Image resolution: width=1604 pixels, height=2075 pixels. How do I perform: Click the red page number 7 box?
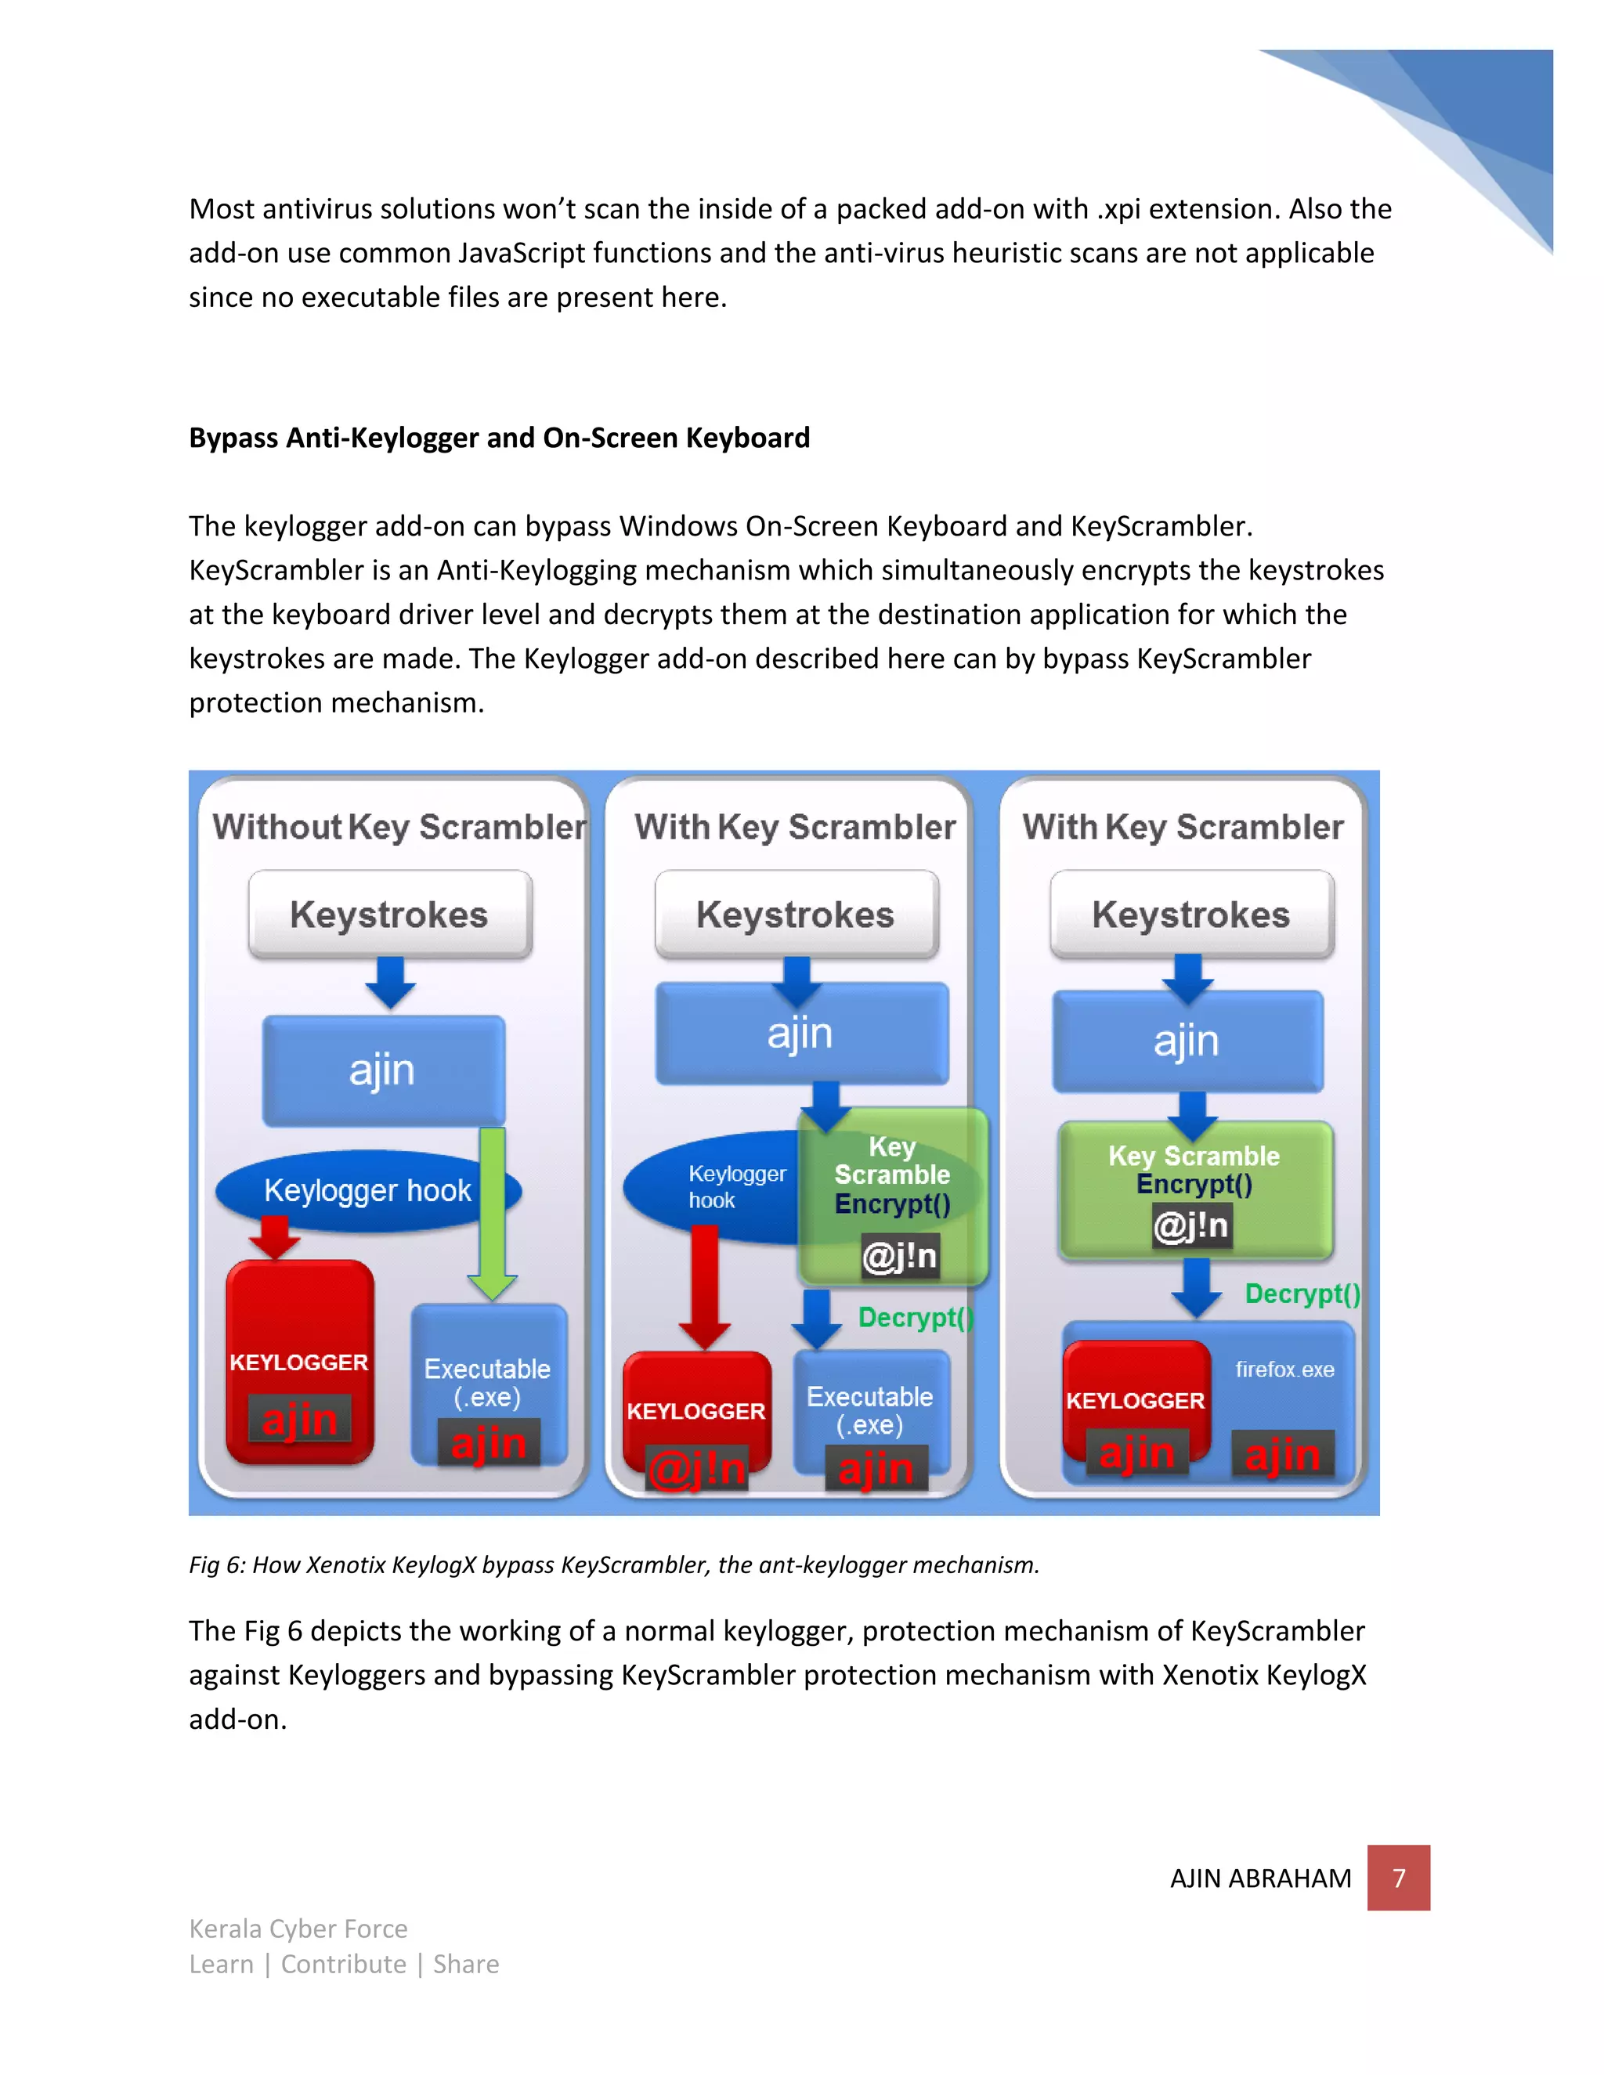coord(1398,1878)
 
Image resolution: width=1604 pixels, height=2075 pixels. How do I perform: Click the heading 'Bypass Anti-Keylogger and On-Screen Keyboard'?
coord(499,438)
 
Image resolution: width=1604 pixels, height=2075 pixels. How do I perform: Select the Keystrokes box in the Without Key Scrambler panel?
coord(389,914)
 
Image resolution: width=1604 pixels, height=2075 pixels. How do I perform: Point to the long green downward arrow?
coord(492,1211)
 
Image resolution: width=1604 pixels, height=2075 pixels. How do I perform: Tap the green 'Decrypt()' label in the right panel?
coord(1302,1294)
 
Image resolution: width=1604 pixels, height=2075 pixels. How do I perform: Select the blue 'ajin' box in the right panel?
coord(1187,1041)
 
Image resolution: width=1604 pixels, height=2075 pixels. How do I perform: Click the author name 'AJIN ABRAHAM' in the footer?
coord(1260,1878)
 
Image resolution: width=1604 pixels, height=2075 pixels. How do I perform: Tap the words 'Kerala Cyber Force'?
coord(298,1929)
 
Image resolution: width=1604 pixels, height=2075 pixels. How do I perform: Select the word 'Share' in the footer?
coord(466,1965)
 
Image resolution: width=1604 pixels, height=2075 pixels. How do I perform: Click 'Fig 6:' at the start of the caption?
coord(217,1564)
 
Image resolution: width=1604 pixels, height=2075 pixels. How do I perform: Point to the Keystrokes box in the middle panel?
coord(797,914)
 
